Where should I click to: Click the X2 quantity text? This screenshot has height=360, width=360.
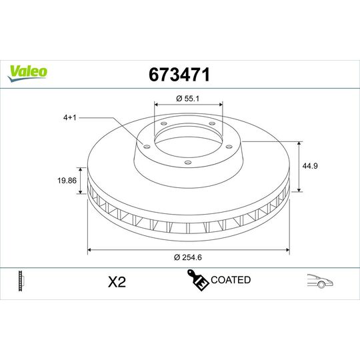(117, 281)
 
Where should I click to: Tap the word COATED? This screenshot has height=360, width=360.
(230, 280)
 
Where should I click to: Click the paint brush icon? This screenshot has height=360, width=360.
(197, 281)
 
